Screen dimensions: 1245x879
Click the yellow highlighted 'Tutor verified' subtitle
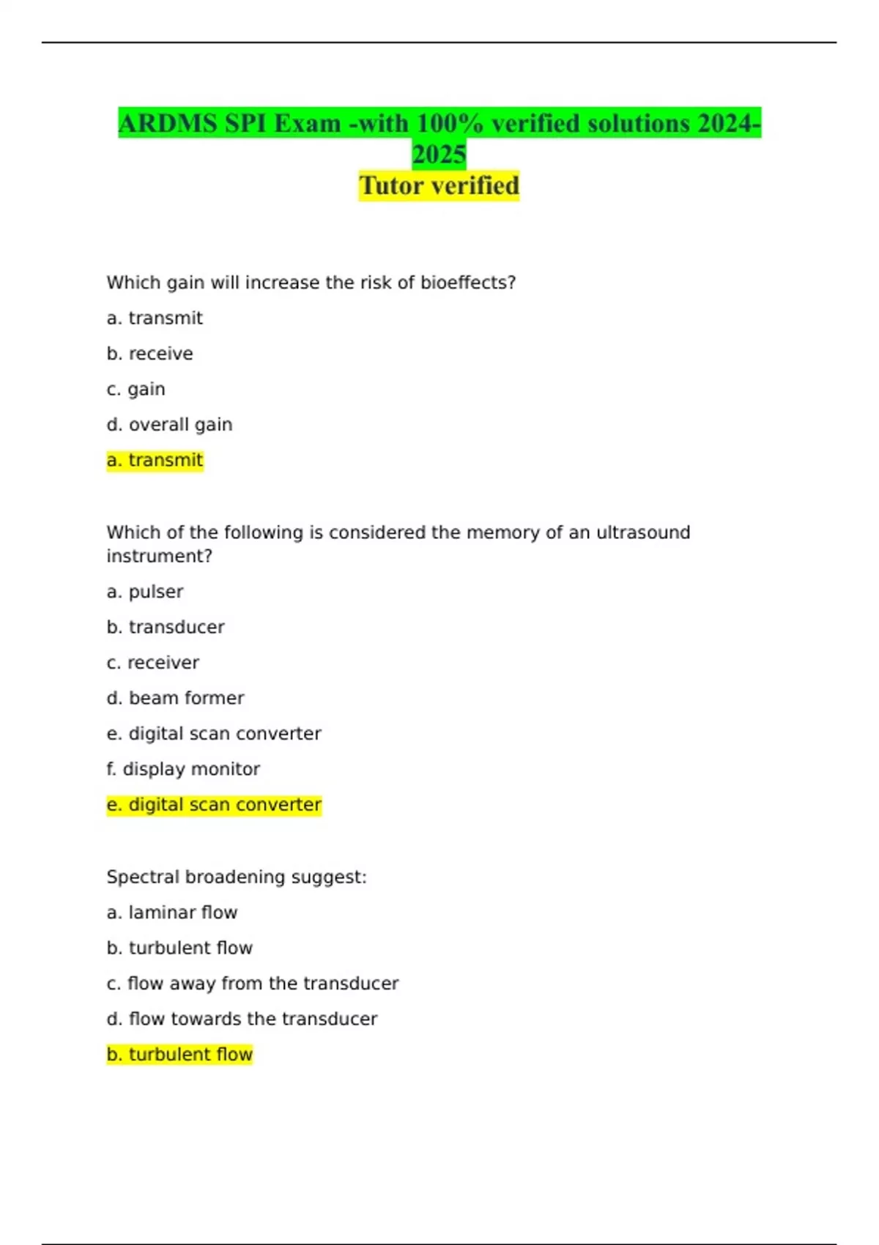[x=439, y=185]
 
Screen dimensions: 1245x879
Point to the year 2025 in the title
[x=439, y=155]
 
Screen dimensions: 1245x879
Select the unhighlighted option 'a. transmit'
[x=155, y=318]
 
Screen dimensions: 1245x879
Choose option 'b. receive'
[x=149, y=354]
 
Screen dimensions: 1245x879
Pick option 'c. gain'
[x=136, y=389]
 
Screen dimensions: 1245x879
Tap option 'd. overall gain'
[x=169, y=425]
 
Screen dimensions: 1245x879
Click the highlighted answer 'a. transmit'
[x=155, y=460]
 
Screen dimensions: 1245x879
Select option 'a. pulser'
[x=145, y=592]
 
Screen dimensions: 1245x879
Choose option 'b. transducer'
[x=166, y=627]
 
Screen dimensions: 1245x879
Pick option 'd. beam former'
[x=175, y=698]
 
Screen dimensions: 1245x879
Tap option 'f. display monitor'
[x=183, y=769]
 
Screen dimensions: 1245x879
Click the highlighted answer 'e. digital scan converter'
[x=214, y=805]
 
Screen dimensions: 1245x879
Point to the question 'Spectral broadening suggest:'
[x=237, y=877]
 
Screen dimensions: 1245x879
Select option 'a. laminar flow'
[x=172, y=913]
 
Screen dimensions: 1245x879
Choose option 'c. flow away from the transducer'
[x=253, y=984]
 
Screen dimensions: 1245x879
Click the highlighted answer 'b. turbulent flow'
[x=179, y=1055]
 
